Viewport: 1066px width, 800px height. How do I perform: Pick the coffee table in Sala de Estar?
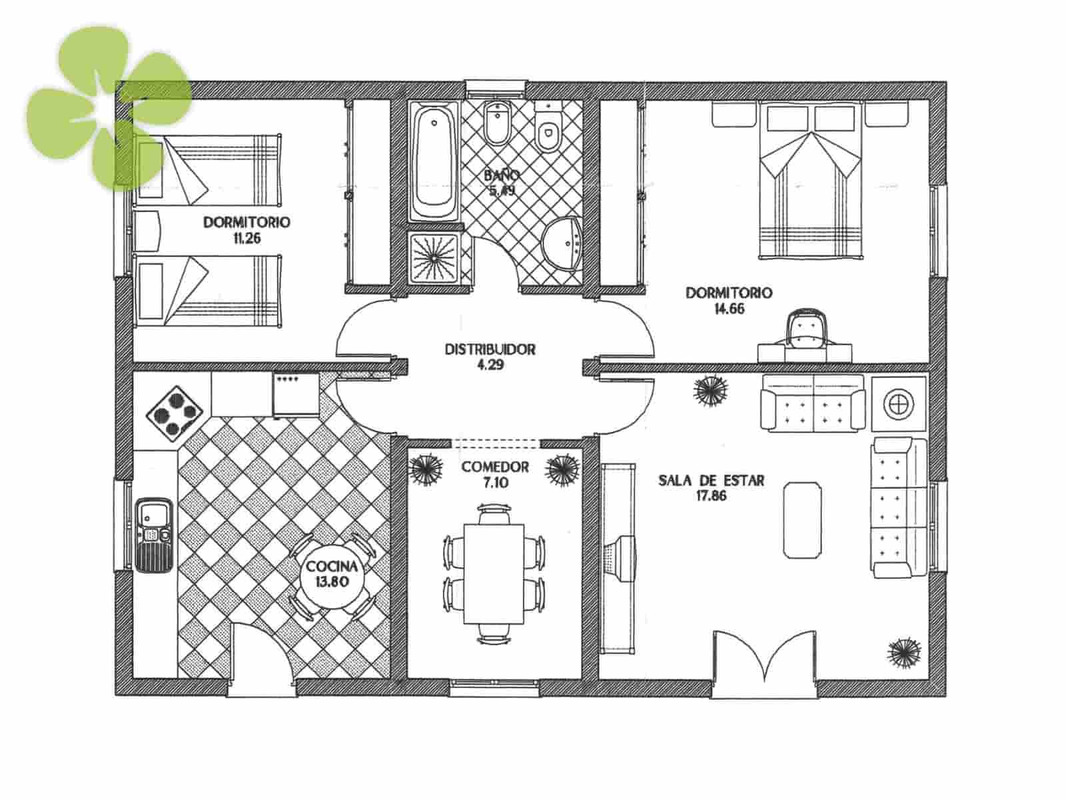(802, 519)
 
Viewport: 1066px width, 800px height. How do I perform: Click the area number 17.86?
(711, 495)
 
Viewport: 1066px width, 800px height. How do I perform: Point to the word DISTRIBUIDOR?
(490, 349)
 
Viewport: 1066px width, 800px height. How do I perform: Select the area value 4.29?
(490, 365)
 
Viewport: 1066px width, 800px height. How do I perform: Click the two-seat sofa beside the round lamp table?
(813, 402)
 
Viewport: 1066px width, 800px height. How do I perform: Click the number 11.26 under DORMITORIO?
(247, 238)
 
